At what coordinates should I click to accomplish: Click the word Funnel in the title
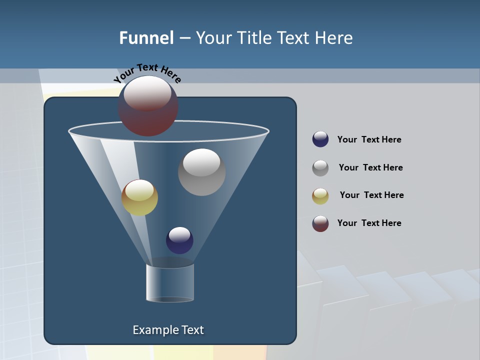146,38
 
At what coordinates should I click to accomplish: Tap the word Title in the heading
254,38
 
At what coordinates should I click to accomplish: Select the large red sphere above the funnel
147,106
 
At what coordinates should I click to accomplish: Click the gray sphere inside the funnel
201,172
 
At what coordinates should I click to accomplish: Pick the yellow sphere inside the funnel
139,198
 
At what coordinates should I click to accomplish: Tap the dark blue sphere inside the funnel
179,240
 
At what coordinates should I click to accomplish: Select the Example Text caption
168,330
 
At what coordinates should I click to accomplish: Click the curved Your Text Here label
147,73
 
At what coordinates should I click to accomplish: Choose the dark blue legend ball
320,139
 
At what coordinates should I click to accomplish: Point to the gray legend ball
320,168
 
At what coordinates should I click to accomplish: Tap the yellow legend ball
320,196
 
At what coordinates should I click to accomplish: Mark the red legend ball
320,223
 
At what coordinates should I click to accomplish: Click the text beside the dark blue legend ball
369,140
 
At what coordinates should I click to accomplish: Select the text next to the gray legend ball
370,168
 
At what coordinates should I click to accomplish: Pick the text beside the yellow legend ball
371,195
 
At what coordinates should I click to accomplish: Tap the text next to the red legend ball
369,223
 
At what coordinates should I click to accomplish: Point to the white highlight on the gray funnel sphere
201,161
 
